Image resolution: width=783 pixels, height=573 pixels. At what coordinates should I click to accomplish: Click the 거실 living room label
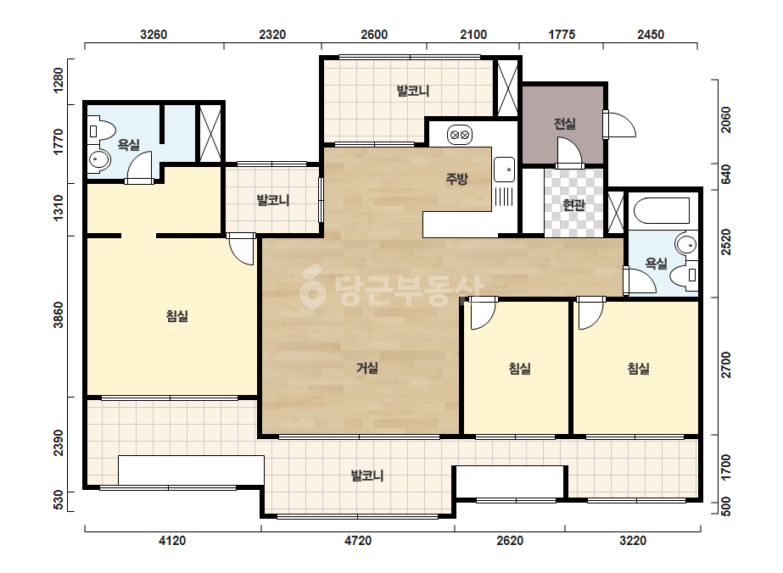(367, 369)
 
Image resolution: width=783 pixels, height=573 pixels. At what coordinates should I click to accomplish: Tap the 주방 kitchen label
(456, 179)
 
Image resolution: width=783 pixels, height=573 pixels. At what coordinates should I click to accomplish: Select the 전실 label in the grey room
(565, 123)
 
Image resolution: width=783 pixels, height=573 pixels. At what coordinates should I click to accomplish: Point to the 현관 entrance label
(573, 204)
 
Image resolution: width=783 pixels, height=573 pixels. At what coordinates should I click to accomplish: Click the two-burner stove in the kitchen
(460, 134)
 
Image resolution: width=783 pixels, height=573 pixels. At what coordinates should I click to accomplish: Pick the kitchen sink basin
(505, 170)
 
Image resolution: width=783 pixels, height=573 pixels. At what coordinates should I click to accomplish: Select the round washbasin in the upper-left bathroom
(99, 160)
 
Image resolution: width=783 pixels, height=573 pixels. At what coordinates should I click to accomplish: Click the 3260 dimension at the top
(154, 35)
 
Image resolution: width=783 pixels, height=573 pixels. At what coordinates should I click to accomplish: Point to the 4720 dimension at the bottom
(358, 541)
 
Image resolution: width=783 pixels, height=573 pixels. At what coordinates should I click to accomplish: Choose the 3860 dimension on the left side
(59, 315)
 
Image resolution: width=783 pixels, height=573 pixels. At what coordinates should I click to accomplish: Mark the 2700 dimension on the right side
(725, 364)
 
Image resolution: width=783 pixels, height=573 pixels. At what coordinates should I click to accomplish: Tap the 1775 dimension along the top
(562, 35)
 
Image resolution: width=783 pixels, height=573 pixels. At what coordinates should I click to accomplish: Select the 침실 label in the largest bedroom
(176, 316)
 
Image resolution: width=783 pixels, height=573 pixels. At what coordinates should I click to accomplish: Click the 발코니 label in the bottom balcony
(367, 476)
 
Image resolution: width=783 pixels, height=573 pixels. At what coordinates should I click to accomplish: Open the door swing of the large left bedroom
(242, 249)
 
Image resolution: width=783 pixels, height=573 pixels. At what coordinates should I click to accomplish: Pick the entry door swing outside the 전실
(620, 125)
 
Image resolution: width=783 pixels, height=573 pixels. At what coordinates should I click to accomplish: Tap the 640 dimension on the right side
(725, 175)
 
